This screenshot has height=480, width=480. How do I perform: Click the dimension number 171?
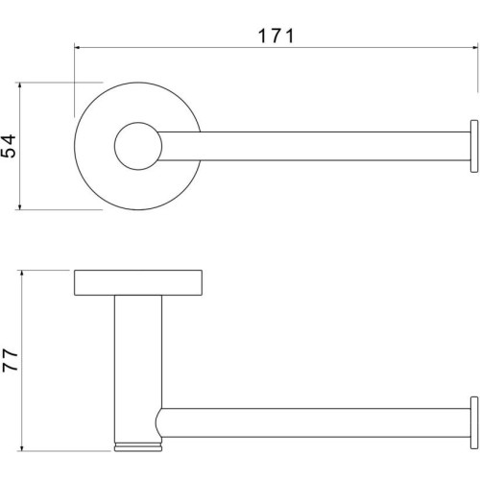(276, 36)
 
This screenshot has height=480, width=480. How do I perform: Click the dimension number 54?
(9, 146)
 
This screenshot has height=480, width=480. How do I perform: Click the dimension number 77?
(10, 360)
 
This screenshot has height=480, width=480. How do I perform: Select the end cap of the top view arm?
(474, 146)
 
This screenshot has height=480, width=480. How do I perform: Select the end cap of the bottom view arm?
(474, 422)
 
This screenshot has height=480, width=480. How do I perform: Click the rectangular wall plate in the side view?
(138, 282)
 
